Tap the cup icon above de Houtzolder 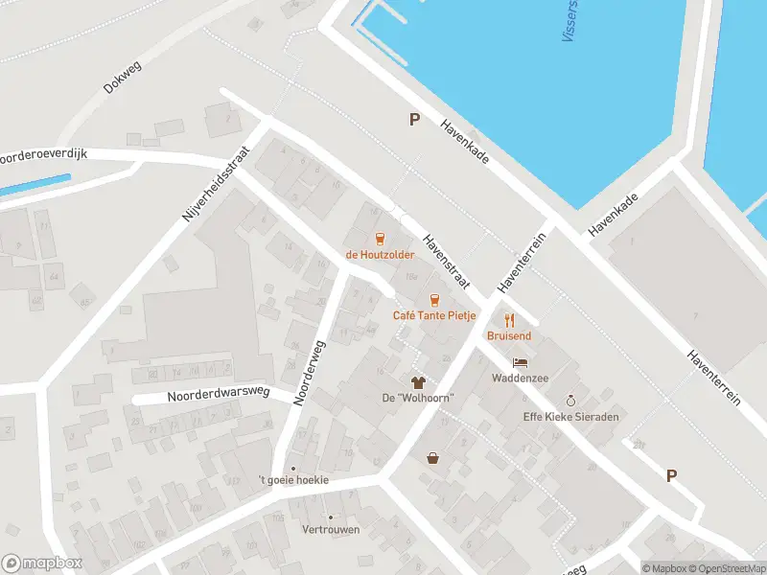[x=380, y=239]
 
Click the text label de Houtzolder [x=380, y=255]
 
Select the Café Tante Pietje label [x=434, y=315]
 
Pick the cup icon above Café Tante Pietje [x=434, y=300]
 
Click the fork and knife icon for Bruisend [x=509, y=320]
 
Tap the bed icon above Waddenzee [x=520, y=363]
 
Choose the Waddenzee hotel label [x=520, y=379]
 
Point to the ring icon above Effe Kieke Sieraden [x=571, y=401]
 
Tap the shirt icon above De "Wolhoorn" [x=418, y=381]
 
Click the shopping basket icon [x=433, y=458]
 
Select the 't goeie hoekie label [x=293, y=479]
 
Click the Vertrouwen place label [x=331, y=529]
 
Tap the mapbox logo [x=42, y=563]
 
